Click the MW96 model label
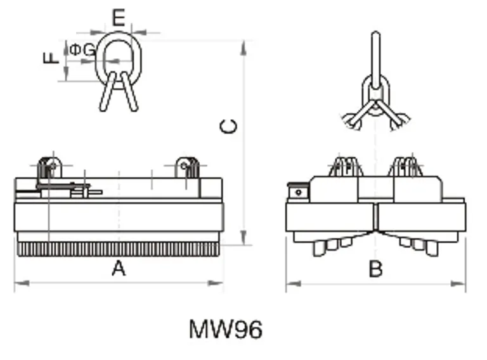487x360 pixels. point(225,330)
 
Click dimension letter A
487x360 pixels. point(119,269)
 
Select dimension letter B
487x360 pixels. point(375,269)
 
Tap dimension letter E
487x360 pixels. point(119,18)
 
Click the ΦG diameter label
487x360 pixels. point(82,49)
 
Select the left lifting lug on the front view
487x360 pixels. point(49,167)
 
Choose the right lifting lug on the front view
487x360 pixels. point(187,167)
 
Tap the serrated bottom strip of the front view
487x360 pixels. point(119,248)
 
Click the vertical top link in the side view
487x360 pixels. point(375,54)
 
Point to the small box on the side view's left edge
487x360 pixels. point(296,191)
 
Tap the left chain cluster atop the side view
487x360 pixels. point(346,167)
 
